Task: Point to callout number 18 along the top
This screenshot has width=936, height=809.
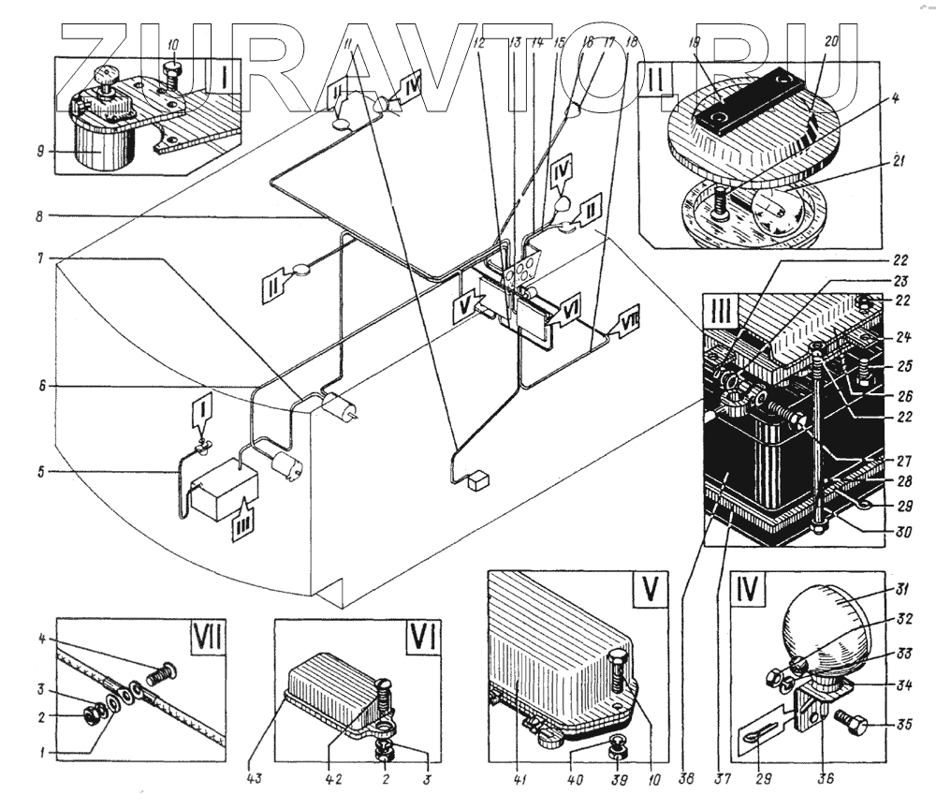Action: pos(630,43)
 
